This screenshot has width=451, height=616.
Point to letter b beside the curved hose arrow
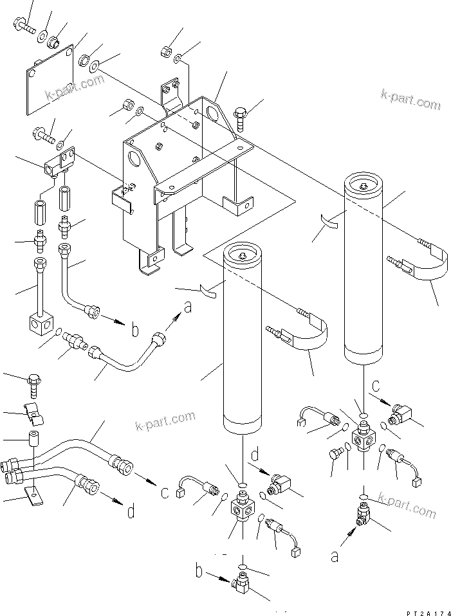(134, 331)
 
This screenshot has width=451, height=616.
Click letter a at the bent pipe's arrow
(187, 307)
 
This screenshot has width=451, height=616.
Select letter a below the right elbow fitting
(335, 556)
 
